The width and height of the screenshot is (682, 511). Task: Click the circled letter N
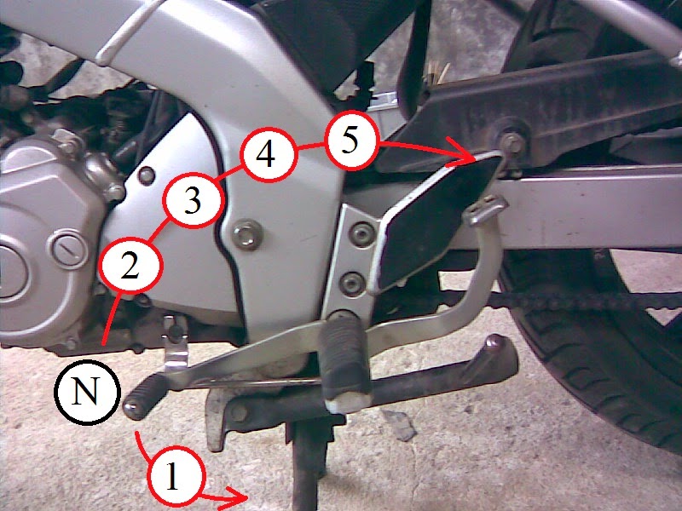point(87,392)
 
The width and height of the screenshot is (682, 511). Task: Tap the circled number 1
point(176,476)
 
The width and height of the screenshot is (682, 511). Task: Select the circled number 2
point(131,265)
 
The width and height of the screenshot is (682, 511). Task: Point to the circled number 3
point(194,200)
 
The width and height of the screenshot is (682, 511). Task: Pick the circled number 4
point(269,155)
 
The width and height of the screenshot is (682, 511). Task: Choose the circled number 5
point(350,141)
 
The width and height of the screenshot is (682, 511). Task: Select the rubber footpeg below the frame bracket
point(346,360)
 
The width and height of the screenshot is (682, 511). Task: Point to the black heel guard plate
point(435,221)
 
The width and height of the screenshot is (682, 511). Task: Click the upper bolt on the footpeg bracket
point(361,235)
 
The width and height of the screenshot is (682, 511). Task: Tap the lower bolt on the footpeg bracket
point(352,284)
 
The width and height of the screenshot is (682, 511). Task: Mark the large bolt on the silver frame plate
point(247,235)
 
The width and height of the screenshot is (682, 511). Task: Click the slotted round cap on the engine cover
point(70,250)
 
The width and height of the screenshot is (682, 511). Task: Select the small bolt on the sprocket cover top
point(147,175)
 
